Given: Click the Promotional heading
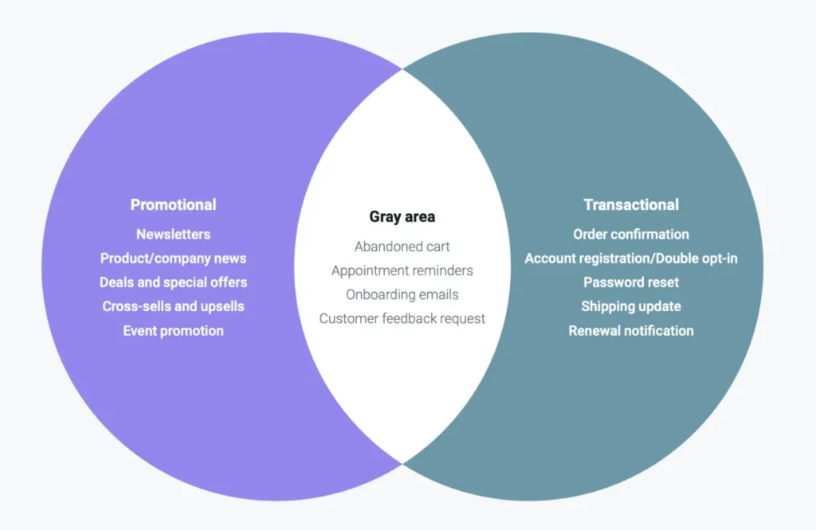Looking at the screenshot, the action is [173, 205].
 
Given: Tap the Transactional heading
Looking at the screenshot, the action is [631, 205].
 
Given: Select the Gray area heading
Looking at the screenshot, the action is [402, 216].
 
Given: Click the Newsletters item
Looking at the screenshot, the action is [173, 234].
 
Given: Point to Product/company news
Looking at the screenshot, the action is [173, 259].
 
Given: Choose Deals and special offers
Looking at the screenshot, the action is [173, 283].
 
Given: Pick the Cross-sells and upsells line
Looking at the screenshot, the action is [173, 306].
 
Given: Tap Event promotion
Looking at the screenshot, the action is [173, 331].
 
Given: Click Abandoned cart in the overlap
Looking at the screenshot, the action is [402, 246].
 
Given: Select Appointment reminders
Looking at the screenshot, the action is [402, 271].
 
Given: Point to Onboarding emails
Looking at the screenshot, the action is [402, 294].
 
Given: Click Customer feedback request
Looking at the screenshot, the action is [402, 318].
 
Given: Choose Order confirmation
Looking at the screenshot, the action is [631, 234].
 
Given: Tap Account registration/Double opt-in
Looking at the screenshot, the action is [631, 259].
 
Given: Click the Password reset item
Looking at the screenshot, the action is [631, 283].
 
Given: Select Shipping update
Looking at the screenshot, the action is [631, 306].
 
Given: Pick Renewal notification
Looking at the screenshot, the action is [631, 331].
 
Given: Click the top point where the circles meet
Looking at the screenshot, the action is [402, 69].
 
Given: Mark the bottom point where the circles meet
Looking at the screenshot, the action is [402, 464].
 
